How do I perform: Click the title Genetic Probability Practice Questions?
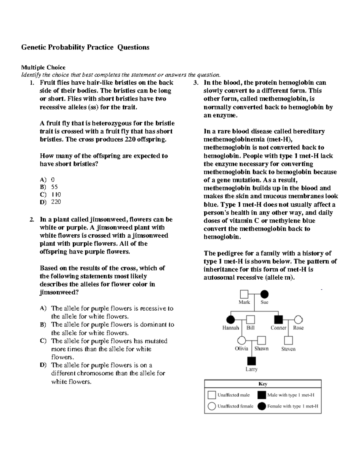tap(85, 47)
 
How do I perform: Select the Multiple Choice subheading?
tap(43, 67)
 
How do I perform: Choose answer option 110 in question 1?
tap(56, 194)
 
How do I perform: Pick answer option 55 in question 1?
tap(54, 187)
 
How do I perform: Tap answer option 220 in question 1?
tap(56, 202)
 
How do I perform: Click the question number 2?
tap(31, 220)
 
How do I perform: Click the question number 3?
tap(196, 83)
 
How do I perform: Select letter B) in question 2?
tap(43, 325)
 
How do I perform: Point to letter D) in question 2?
tap(43, 365)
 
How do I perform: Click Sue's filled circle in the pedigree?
tap(264, 294)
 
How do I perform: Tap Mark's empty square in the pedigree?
tap(244, 294)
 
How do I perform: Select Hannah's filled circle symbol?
tap(230, 320)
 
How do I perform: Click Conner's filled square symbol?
tap(279, 320)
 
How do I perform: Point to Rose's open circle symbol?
tap(298, 320)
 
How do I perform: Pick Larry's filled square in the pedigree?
tap(251, 361)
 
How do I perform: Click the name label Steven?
tap(288, 349)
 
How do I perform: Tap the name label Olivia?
tap(241, 349)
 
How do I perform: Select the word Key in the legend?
tap(263, 384)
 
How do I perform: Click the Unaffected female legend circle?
tap(212, 406)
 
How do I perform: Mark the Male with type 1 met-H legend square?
tap(262, 395)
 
